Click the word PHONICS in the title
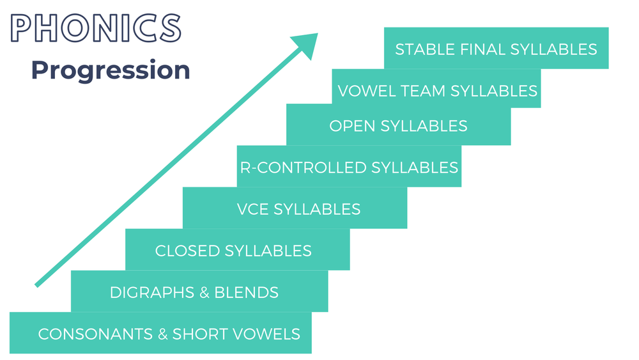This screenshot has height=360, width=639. click(x=96, y=29)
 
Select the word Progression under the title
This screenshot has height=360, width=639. click(x=111, y=70)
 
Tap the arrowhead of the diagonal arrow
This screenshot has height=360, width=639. click(x=305, y=44)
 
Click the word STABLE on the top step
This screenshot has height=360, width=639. click(x=422, y=49)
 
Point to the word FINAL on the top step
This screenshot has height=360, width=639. click(x=480, y=49)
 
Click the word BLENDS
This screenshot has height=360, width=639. click(x=248, y=293)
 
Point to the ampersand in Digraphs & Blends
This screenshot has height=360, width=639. click(x=205, y=293)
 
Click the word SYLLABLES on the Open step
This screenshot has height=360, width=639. click(x=424, y=126)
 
